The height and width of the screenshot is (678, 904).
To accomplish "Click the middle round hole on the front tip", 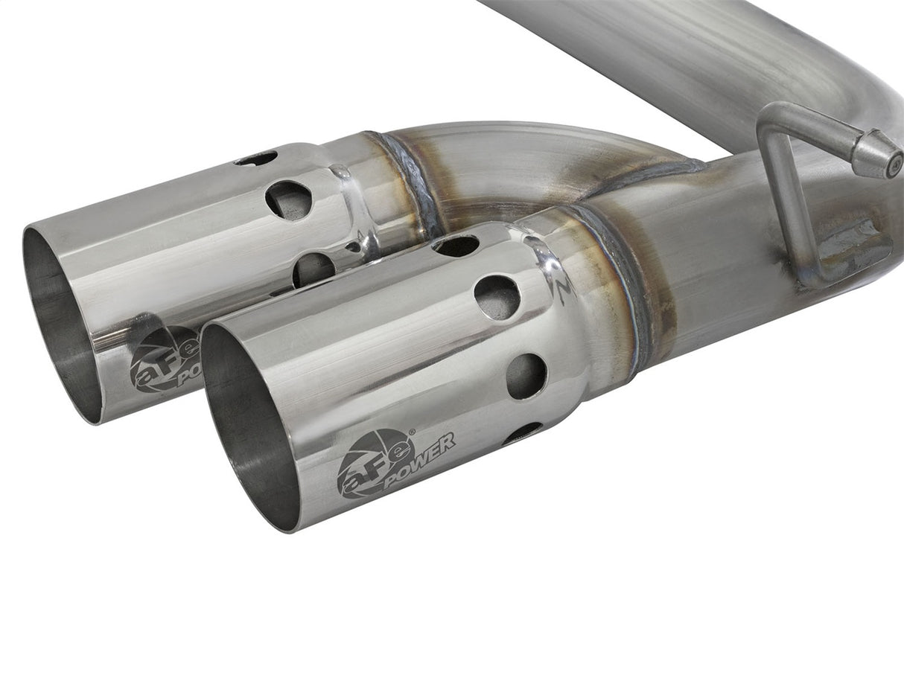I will click(497, 295).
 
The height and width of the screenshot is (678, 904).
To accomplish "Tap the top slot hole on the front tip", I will click(456, 246).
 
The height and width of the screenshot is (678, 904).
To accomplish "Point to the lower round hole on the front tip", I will click(526, 374).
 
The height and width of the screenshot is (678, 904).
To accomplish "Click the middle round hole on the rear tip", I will click(288, 199).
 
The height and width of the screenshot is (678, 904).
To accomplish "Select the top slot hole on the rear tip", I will click(255, 158).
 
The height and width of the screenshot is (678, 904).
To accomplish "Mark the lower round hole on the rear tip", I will click(313, 268).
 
